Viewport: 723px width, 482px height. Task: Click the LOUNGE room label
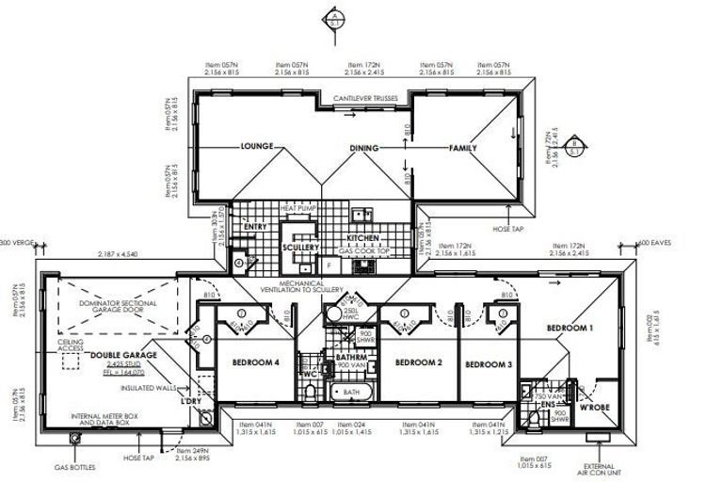tap(257, 147)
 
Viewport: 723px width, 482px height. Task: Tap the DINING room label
tap(363, 148)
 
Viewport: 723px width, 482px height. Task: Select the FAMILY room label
tap(461, 148)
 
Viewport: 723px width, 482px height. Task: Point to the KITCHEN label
tap(362, 239)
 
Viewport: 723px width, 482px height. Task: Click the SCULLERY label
tap(301, 248)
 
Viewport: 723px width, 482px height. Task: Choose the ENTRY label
tap(255, 227)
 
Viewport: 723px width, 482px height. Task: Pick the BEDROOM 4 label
tap(256, 362)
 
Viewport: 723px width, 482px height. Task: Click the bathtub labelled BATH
tap(352, 392)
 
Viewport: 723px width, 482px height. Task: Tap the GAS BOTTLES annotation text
tap(76, 467)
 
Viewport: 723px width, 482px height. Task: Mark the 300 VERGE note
tap(18, 243)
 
